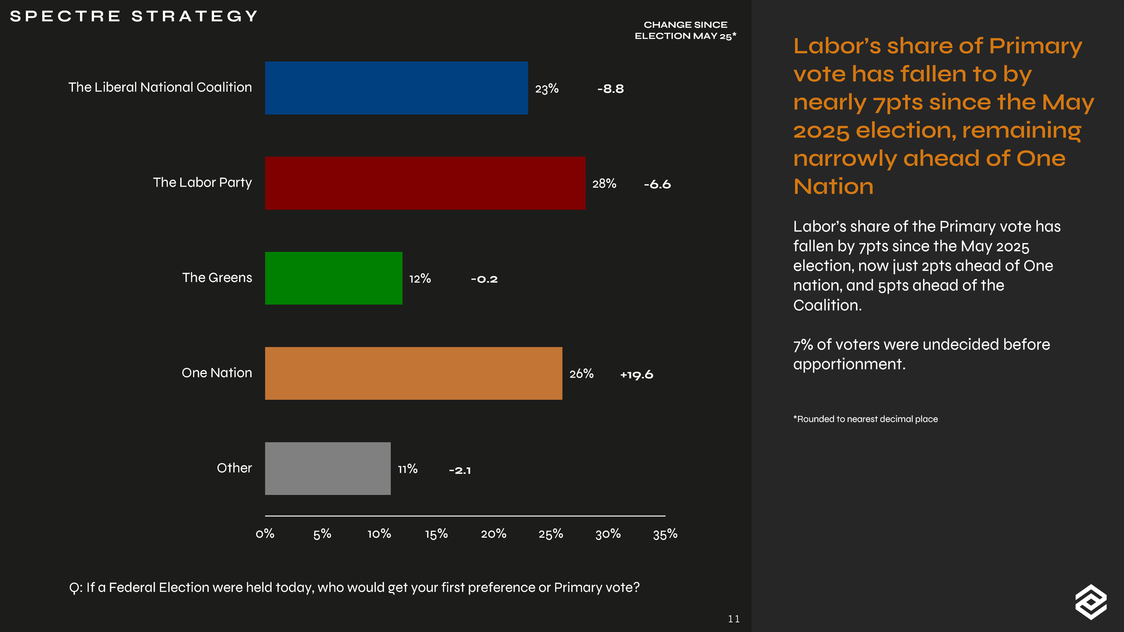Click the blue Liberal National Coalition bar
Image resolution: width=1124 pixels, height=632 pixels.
point(397,88)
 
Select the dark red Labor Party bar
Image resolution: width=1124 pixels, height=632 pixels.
point(425,183)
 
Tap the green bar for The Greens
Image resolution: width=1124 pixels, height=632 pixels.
point(334,278)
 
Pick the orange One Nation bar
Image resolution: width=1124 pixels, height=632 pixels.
point(414,373)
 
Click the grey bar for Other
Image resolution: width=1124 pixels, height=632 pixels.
point(328,468)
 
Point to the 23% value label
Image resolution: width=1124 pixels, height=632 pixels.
point(547,89)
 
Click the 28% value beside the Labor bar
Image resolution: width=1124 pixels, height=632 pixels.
point(604,183)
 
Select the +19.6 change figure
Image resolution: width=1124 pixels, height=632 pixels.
point(637,375)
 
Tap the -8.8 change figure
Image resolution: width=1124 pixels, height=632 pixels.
point(611,89)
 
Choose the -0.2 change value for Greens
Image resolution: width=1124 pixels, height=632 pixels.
point(484,279)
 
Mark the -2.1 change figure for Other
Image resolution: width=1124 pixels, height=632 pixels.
point(460,471)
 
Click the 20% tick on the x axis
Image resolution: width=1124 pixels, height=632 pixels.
point(494,534)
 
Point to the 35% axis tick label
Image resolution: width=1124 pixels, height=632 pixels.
point(665,534)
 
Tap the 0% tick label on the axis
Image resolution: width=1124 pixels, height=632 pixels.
point(265,534)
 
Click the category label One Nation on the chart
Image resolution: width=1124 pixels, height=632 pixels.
point(217,373)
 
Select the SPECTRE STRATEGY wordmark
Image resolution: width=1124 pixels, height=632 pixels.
point(134,16)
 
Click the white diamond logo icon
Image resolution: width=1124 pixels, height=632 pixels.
point(1091,602)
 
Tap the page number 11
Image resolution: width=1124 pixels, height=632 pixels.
point(734,619)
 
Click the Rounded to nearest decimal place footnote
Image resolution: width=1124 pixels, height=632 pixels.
point(865,419)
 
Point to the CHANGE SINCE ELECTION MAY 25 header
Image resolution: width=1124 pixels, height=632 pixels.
point(686,30)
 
